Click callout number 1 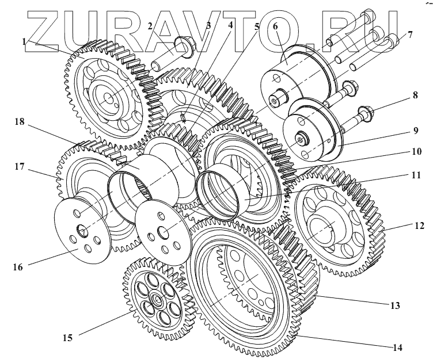pos(24,42)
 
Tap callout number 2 pos(150,25)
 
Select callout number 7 pos(409,35)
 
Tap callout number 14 pos(397,347)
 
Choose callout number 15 pos(67,338)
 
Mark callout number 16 pos(17,268)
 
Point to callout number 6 pos(275,27)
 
